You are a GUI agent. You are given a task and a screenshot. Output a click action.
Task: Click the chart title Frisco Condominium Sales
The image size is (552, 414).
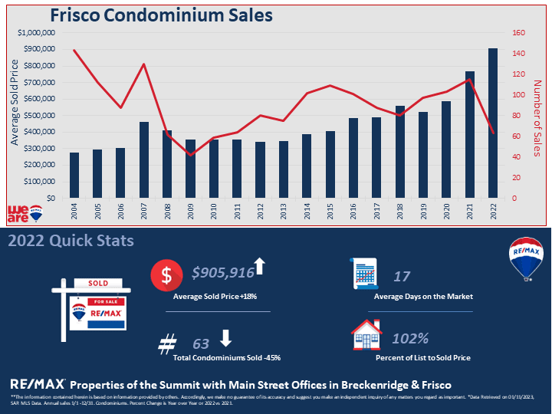coord(161,15)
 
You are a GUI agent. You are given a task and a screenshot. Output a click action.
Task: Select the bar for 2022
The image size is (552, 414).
coord(492,123)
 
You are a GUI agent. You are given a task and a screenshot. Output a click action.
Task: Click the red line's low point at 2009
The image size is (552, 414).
coord(190,155)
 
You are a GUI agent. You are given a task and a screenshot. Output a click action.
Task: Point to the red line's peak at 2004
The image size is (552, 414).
coord(74,51)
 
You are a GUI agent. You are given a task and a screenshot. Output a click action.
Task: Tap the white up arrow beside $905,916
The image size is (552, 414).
coord(259,266)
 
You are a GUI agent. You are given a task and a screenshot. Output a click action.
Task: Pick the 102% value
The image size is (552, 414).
coord(410,338)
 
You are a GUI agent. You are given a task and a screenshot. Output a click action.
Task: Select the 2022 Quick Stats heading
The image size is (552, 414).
coord(71,241)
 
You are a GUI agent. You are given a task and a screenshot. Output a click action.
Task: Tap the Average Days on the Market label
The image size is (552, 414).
coord(422,296)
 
